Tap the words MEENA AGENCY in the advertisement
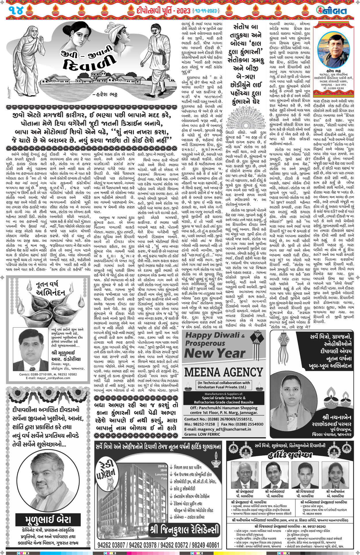(x=223, y=372)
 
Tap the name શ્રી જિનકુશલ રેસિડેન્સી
(x=185, y=529)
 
